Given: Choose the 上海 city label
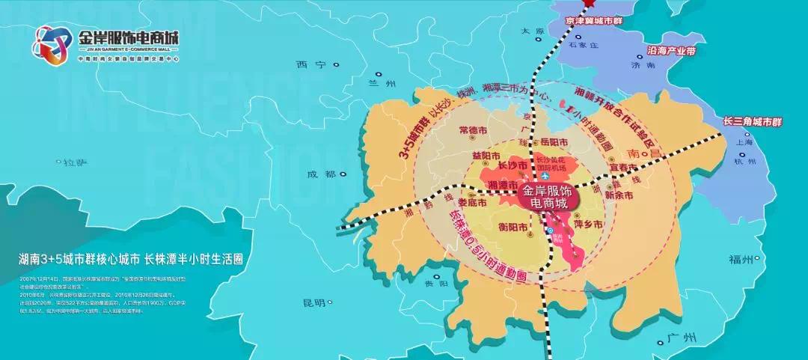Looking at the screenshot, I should pos(744,141).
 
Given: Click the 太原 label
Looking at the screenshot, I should pos(532,31).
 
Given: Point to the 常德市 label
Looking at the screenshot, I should pos(474,130).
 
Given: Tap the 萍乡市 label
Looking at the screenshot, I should pos(589,223).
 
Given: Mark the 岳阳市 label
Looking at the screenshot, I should pos(554,141).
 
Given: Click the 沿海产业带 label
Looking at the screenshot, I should pos(670,52).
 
